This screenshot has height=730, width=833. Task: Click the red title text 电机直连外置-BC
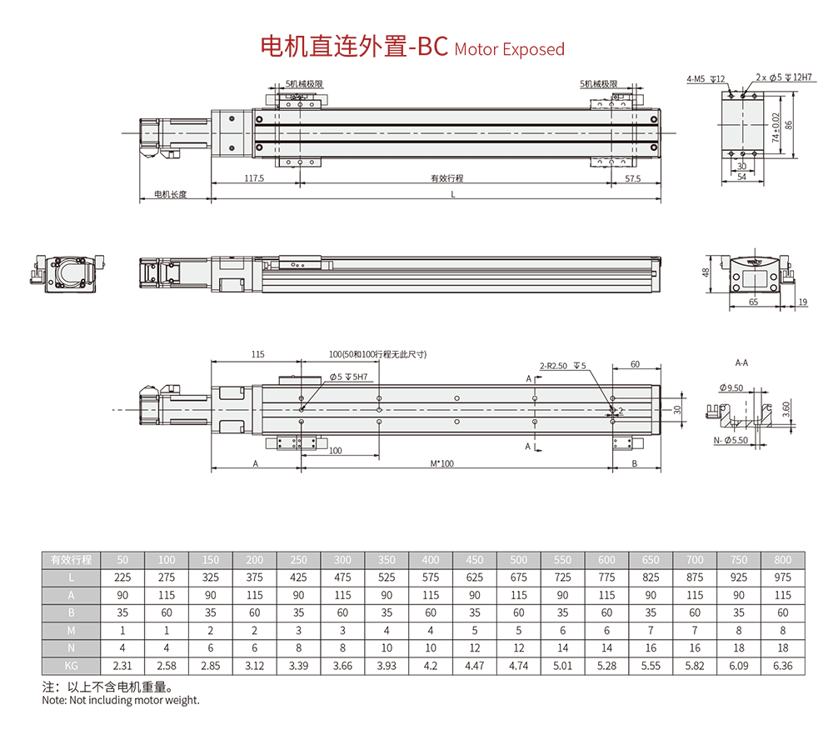click(x=354, y=46)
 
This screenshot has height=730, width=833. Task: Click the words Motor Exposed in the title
click(x=510, y=49)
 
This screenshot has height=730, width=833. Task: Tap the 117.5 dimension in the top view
click(x=254, y=178)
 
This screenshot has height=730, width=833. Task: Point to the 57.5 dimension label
click(x=633, y=179)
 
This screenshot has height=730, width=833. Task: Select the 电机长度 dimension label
click(x=171, y=194)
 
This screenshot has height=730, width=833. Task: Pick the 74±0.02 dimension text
click(x=776, y=127)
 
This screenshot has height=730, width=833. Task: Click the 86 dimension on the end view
click(x=789, y=125)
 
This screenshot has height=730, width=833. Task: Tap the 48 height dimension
click(x=706, y=272)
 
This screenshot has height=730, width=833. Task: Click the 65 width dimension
click(x=753, y=302)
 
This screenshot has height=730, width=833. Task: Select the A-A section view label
click(x=741, y=362)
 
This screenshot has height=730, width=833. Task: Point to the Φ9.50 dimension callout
click(x=731, y=387)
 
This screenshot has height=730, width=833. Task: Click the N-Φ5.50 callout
click(x=731, y=441)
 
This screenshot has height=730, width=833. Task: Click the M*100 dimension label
click(x=442, y=464)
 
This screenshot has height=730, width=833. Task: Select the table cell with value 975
click(x=782, y=577)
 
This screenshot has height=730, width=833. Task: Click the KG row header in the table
click(x=71, y=666)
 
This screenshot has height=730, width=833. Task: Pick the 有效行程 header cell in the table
click(x=71, y=560)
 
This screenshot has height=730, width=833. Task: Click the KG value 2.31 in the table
click(x=122, y=666)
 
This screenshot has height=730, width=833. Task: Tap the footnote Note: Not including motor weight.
click(x=121, y=700)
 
